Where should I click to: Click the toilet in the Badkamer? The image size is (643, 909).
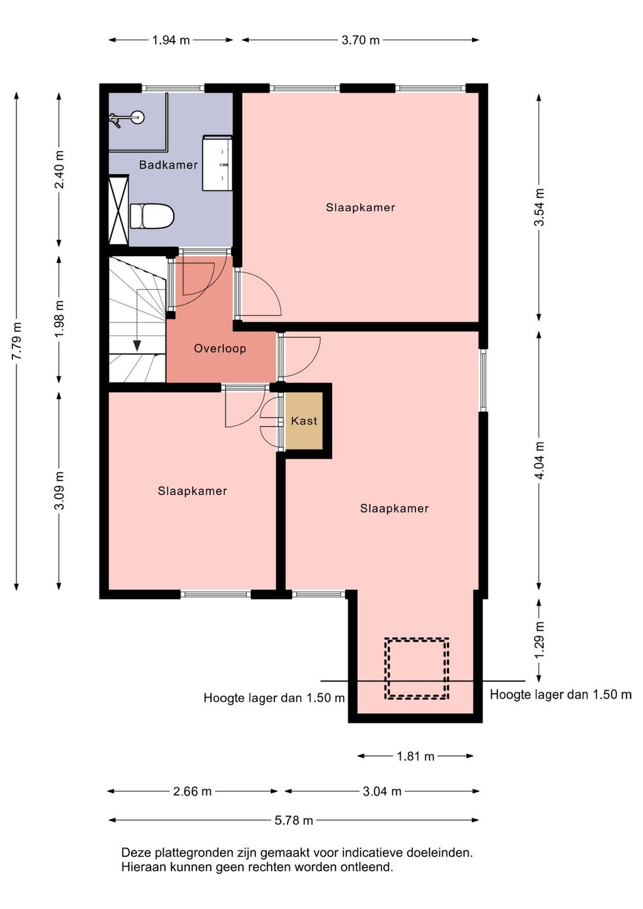(x=152, y=216)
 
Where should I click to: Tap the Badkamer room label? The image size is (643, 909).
(x=168, y=165)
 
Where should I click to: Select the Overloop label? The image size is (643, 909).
(x=220, y=348)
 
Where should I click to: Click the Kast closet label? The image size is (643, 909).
(x=304, y=421)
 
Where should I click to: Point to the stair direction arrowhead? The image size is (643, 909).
(x=137, y=345)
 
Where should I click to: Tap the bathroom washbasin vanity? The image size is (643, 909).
(x=217, y=163)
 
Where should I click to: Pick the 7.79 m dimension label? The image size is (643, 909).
(x=17, y=341)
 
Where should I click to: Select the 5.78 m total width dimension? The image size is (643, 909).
(x=294, y=820)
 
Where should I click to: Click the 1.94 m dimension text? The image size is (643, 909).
(x=171, y=40)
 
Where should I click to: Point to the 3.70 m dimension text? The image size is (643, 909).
(x=361, y=40)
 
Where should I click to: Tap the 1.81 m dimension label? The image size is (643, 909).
(x=416, y=757)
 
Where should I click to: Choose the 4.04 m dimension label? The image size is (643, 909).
(x=539, y=460)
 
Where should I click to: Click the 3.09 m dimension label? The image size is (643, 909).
(x=59, y=491)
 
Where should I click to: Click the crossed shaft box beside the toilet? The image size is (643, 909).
(x=118, y=210)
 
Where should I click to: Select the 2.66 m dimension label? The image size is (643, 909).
(x=192, y=791)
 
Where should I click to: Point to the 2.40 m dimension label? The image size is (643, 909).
(x=59, y=170)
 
